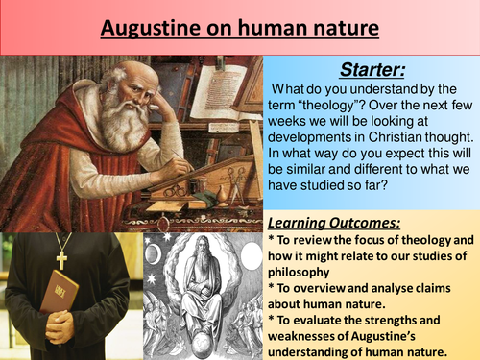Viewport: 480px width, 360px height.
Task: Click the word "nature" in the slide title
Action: coord(343,28)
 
